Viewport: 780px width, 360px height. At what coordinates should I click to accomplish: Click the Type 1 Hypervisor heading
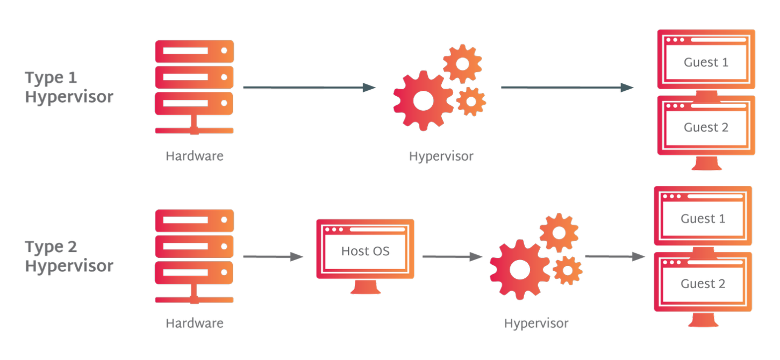(69, 87)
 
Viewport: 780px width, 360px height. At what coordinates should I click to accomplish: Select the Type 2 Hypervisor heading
(69, 256)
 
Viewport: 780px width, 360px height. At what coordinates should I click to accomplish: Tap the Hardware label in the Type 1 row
(194, 156)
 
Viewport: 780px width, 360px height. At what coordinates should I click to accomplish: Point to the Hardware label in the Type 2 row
(194, 323)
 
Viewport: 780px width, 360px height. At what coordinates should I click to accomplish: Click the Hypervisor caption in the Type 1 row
(441, 156)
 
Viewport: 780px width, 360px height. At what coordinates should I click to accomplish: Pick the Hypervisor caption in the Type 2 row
(536, 323)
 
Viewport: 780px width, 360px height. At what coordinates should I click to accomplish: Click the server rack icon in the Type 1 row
(194, 86)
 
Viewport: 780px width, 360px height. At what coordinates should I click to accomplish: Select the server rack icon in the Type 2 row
(194, 255)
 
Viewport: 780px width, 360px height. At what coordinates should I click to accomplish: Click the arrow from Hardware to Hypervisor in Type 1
(309, 87)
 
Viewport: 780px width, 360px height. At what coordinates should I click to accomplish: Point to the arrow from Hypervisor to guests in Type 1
(567, 87)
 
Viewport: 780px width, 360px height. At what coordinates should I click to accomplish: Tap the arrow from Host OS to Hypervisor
(452, 256)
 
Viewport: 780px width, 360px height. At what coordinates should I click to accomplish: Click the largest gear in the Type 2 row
(519, 269)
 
